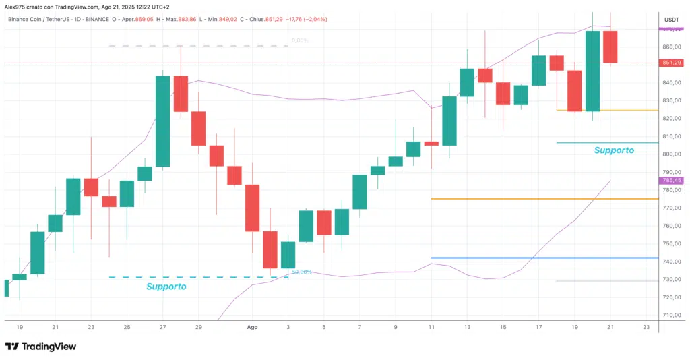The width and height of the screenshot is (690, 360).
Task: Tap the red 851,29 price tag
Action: [672, 63]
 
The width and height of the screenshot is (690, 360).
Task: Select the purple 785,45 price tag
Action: [672, 181]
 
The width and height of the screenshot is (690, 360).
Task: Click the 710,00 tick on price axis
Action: [671, 315]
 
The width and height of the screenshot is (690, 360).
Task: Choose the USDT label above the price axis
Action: [671, 20]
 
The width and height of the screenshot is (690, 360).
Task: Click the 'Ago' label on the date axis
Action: [252, 327]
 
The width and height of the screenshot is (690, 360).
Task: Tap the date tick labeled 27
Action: [162, 327]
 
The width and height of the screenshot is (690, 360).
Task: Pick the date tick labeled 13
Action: [466, 327]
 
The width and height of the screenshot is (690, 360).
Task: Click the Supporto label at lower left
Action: [166, 287]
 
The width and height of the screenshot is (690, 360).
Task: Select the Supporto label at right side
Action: [613, 150]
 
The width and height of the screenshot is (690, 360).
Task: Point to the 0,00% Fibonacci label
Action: [300, 40]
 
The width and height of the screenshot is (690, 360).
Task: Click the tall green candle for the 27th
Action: [162, 121]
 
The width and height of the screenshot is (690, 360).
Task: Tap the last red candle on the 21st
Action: [610, 47]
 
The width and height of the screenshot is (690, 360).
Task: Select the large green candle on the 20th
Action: [592, 71]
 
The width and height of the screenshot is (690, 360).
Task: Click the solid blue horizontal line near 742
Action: [539, 258]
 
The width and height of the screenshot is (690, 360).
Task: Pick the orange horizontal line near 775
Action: [539, 199]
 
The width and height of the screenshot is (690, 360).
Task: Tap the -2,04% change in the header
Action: [315, 19]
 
